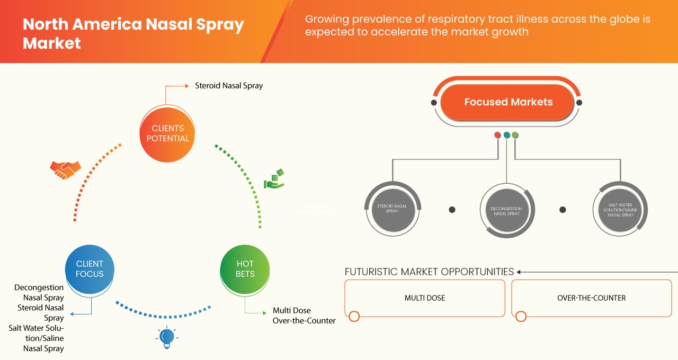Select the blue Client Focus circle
coord(90,269)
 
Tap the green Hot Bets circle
coord(245,269)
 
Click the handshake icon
coord(65,169)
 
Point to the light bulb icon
coord(167,337)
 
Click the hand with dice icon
coord(274,180)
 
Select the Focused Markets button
coord(507,102)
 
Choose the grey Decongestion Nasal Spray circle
coord(506,211)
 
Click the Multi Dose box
coord(425,298)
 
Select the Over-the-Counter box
coord(591,298)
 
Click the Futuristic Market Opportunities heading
coord(429,272)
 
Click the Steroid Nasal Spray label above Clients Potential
coord(229,85)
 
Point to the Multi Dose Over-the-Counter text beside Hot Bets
coord(304,316)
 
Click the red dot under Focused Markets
coord(497,135)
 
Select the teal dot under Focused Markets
coord(506,135)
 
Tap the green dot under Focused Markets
coord(515,135)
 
